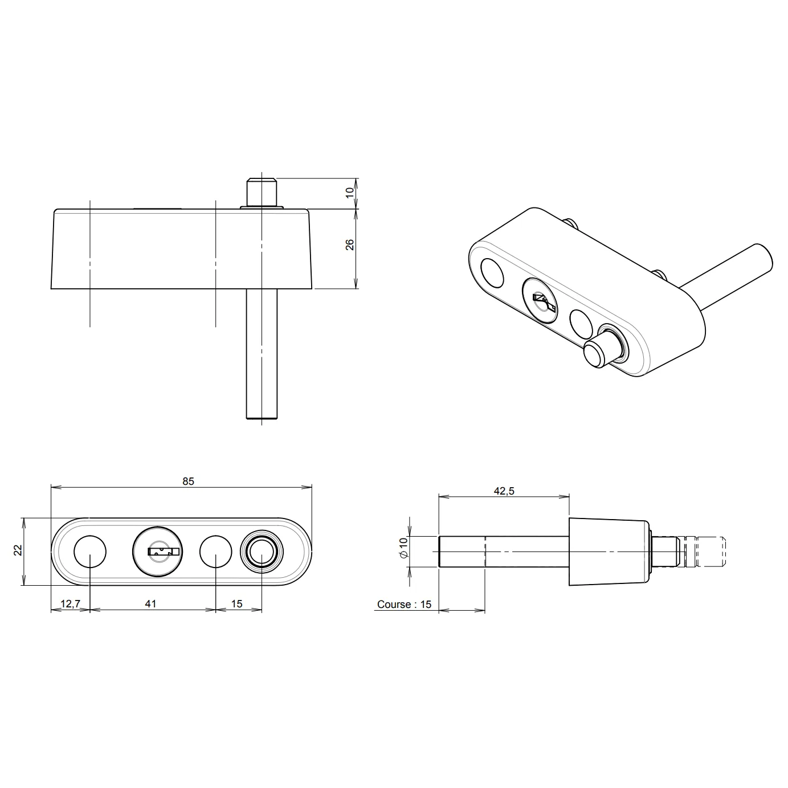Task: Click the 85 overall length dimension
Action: [188, 481]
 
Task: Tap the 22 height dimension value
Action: [18, 550]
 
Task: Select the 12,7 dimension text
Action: [70, 603]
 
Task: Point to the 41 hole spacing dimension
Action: [150, 603]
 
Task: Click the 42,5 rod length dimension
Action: [504, 491]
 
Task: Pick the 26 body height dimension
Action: [350, 245]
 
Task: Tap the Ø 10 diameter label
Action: [403, 548]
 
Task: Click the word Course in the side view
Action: [394, 605]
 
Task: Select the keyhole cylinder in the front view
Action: [157, 552]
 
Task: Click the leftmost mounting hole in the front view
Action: [90, 552]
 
